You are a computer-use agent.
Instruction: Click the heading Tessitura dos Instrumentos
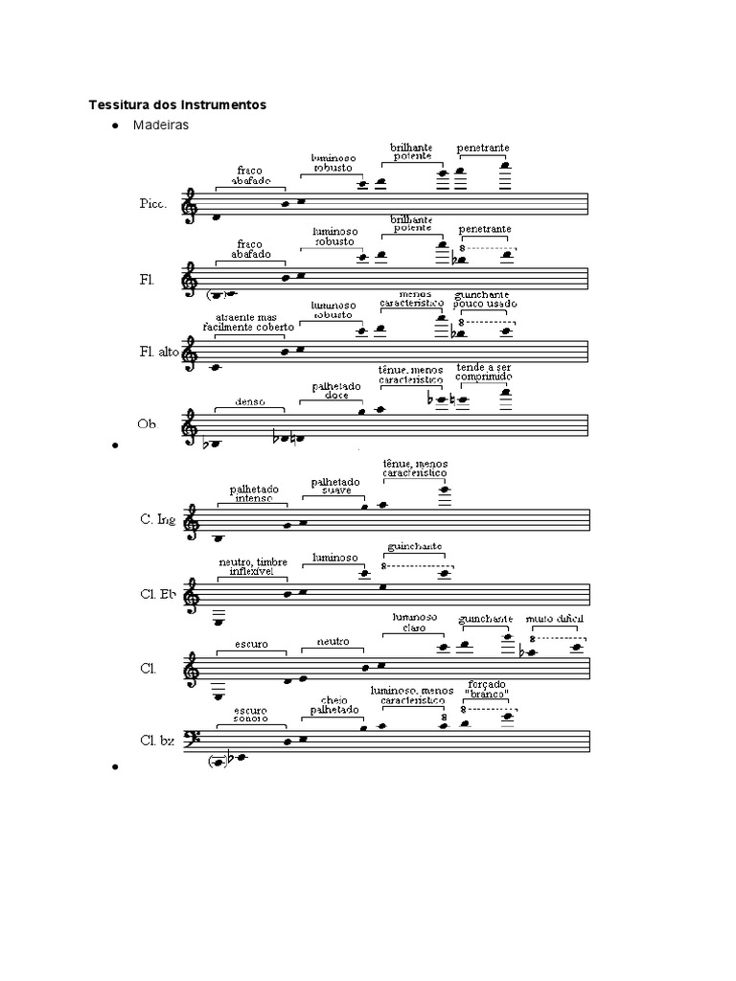click(x=177, y=103)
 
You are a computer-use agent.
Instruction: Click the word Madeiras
click(x=160, y=125)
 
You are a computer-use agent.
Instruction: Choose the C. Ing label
click(x=157, y=519)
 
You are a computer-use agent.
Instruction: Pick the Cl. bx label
click(x=156, y=740)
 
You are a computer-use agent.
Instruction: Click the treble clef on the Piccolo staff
click(x=192, y=204)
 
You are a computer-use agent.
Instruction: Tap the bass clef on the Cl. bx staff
click(x=192, y=739)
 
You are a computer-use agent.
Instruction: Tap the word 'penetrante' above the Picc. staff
click(x=483, y=148)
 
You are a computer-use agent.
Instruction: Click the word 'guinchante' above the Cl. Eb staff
click(x=414, y=546)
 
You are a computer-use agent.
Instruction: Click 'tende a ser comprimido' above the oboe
click(x=484, y=373)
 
